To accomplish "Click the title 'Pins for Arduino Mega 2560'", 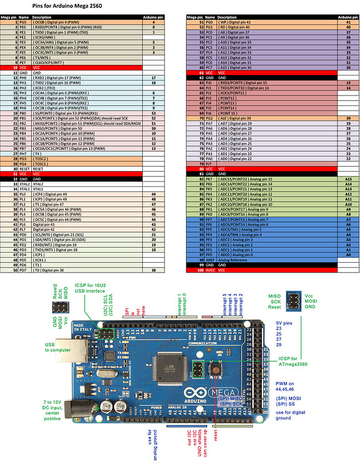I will [x=69, y=5].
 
